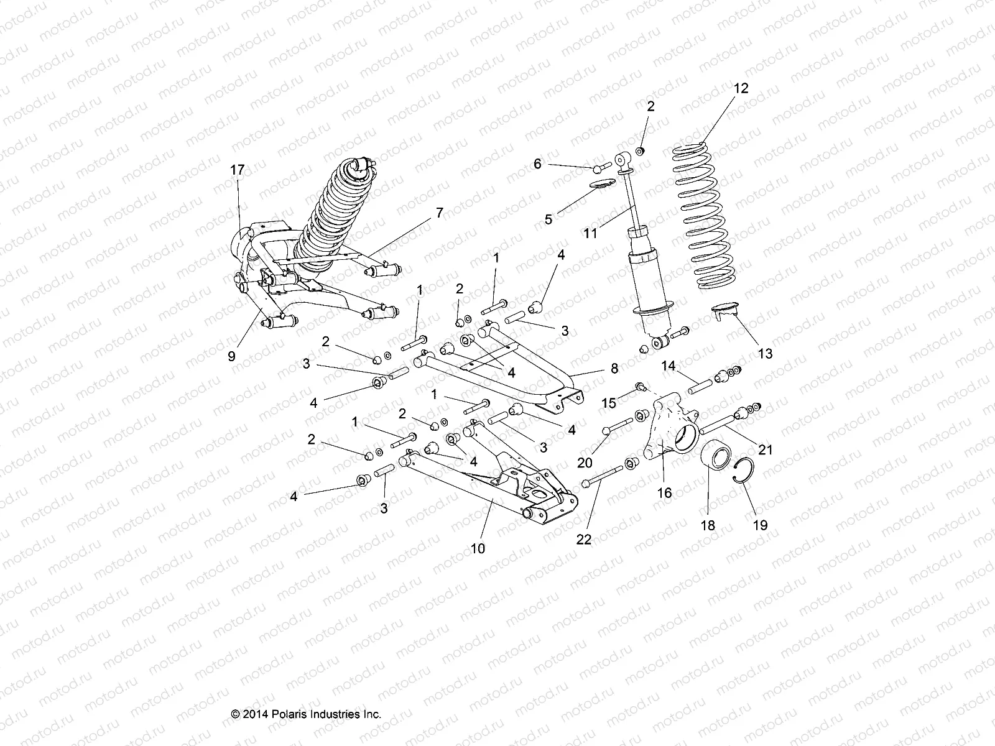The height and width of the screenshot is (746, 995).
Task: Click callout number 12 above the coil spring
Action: coord(741,88)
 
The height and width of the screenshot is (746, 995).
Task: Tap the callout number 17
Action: coord(237,170)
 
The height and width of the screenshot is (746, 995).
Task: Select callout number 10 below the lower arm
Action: coord(478,548)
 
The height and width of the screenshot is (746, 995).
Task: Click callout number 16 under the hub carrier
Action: coord(664,492)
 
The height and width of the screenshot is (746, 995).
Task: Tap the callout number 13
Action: coord(765,353)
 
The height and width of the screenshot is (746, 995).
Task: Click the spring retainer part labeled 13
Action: coord(725,309)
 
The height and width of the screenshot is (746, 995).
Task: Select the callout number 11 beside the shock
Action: coord(590,234)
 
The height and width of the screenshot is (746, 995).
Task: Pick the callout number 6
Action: coord(537,164)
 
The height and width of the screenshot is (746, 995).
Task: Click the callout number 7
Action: coord(440,213)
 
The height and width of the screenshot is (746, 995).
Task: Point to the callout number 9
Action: coord(231,356)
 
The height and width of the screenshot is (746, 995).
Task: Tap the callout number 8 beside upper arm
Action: coord(614,369)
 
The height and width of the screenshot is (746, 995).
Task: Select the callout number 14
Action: coord(669,366)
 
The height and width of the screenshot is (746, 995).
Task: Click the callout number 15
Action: coord(608,403)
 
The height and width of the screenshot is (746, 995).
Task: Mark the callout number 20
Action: coord(584,462)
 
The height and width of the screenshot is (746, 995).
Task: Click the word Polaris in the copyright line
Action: coord(282,714)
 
